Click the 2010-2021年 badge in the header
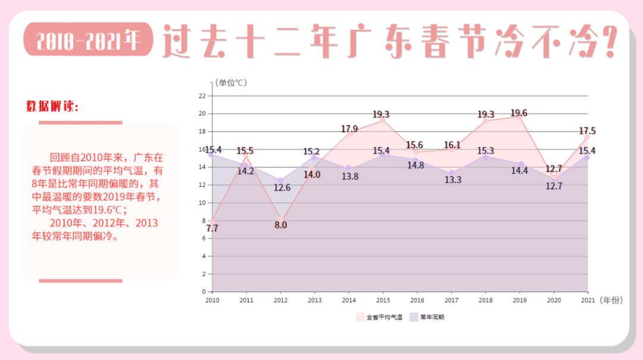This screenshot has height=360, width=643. click(88, 40)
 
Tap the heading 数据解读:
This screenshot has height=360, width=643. click(52, 107)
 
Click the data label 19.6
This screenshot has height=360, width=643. click(519, 113)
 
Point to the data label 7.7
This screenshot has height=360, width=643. click(212, 228)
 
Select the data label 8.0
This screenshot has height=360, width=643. click(280, 225)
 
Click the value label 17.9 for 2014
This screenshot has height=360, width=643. click(349, 129)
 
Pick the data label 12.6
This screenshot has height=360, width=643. click(282, 187)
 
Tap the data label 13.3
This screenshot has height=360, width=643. click(452, 180)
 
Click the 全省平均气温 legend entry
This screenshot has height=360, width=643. click(379, 317)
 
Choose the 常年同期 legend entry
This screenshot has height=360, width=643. click(427, 317)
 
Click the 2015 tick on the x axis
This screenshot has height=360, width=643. click(383, 300)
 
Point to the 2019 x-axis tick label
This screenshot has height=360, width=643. click(520, 300)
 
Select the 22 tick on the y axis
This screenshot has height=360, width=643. click(202, 96)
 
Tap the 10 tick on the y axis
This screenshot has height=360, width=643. click(202, 203)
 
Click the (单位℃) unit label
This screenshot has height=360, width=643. click(231, 83)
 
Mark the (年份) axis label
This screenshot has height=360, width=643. click(610, 300)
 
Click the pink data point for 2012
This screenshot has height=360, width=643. click(280, 221)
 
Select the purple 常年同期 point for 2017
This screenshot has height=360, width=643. click(452, 173)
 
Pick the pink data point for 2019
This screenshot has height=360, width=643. click(520, 117)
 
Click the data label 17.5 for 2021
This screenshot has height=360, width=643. click(586, 131)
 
